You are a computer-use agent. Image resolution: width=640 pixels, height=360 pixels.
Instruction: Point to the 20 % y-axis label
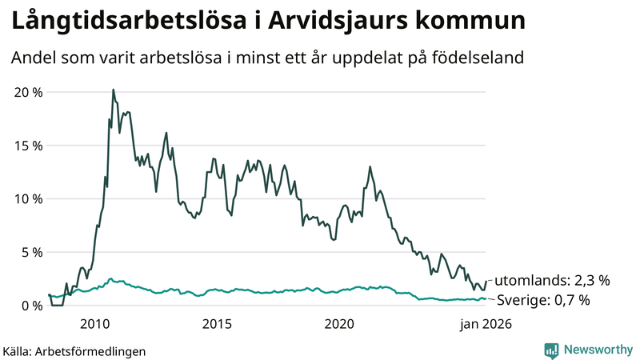tap(29, 92)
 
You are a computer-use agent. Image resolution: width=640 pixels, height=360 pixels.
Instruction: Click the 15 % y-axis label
tap(29, 146)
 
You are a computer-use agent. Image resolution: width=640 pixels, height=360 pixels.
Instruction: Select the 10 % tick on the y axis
tap(29, 198)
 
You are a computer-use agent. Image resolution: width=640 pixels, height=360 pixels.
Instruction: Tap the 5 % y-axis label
tap(33, 252)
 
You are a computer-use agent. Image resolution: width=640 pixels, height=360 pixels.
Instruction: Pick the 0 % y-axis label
tap(33, 306)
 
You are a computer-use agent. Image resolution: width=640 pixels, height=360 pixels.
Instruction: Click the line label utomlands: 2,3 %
tap(552, 281)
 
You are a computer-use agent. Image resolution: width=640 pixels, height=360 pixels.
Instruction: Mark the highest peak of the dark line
tap(113, 90)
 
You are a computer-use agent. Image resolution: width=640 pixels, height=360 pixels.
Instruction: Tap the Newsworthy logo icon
tap(551, 350)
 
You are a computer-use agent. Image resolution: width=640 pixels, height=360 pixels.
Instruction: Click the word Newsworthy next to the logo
tap(597, 350)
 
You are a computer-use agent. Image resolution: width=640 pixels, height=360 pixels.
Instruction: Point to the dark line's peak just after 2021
tap(370, 167)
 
